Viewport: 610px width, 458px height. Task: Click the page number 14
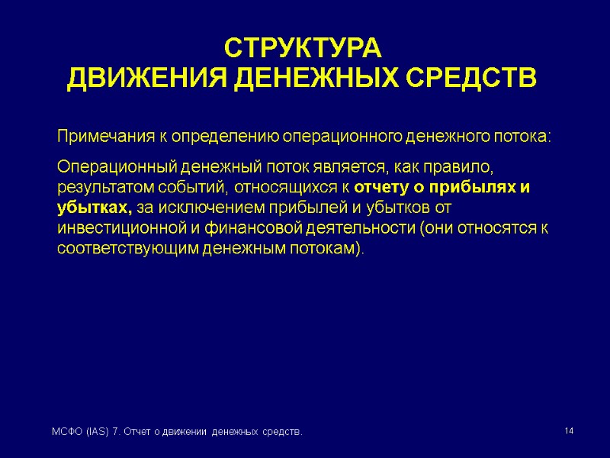pyautogui.click(x=568, y=433)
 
